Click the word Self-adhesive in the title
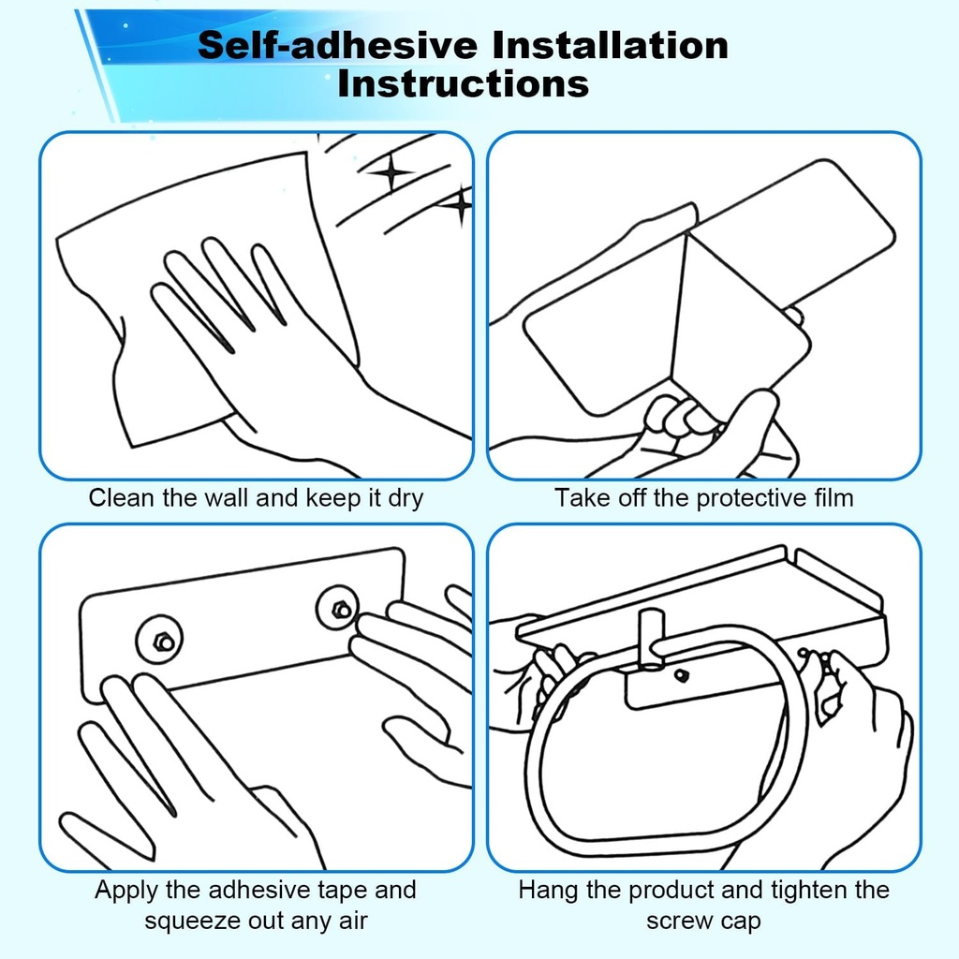(337, 45)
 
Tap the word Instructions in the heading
(463, 83)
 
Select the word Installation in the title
(610, 45)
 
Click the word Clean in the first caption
(121, 497)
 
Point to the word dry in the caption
(406, 498)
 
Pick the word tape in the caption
(343, 891)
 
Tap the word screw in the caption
(676, 922)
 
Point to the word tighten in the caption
(810, 891)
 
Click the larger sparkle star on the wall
(391, 171)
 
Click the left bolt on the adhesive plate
(163, 642)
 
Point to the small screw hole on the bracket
(681, 676)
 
